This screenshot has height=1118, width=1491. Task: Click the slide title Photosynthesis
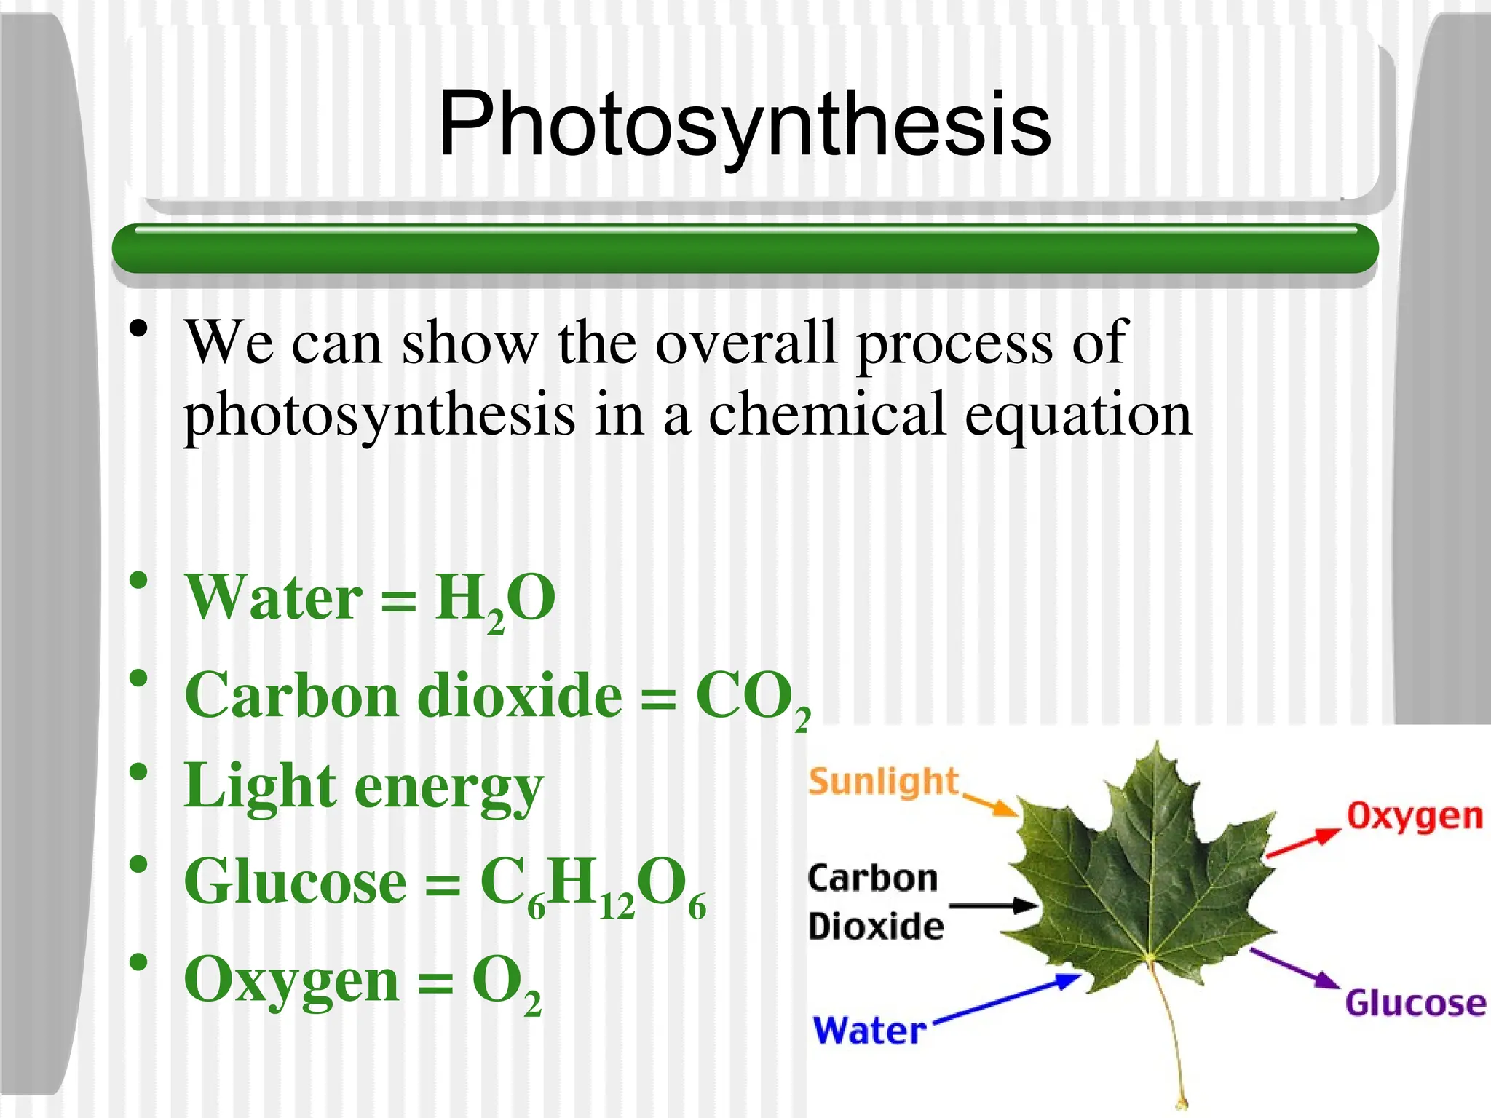pos(745,124)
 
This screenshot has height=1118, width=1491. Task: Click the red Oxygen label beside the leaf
pos(1414,817)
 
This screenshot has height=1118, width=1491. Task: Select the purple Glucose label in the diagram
pos(1415,1003)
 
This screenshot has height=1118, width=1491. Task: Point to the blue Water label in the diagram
pos(869,1031)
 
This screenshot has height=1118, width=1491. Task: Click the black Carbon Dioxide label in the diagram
pos(874,903)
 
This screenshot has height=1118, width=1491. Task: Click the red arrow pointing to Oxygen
pos(1303,843)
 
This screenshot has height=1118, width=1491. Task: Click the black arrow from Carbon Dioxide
pos(994,906)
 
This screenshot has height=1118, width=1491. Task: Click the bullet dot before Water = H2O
pos(139,582)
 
